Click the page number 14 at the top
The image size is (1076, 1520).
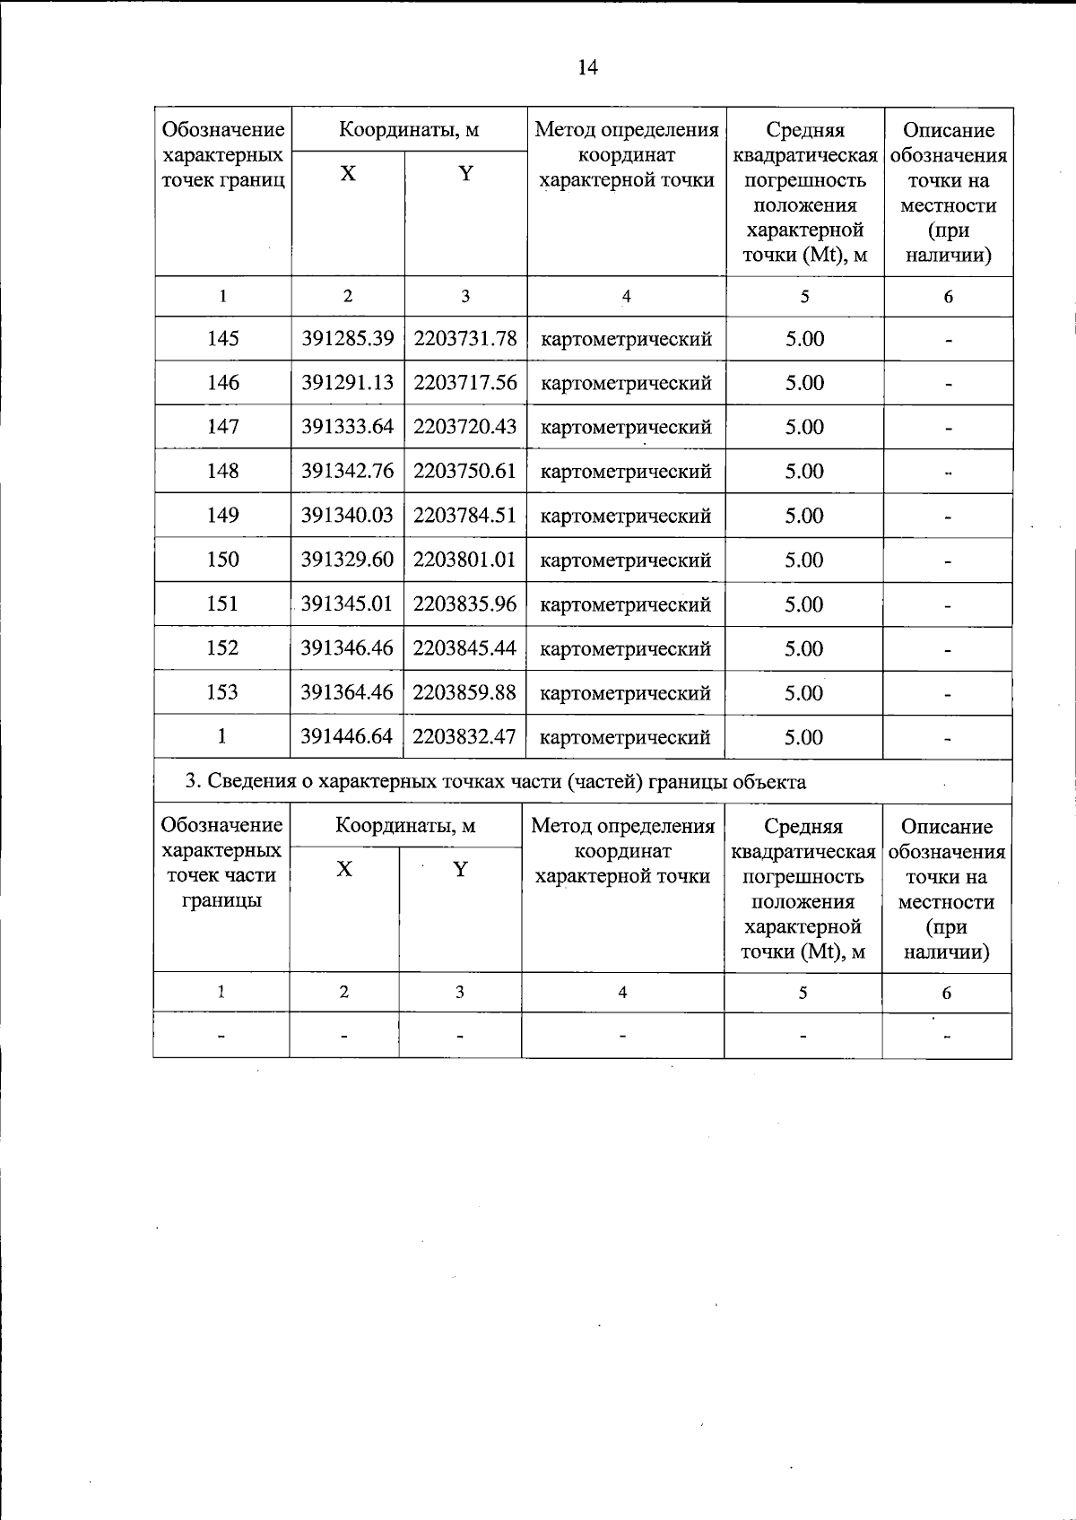point(587,68)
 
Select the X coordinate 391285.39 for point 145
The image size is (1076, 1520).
point(347,339)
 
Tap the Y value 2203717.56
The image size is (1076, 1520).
point(465,383)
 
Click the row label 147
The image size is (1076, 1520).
point(222,427)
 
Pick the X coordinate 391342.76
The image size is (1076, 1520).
point(347,472)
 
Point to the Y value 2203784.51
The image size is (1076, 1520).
point(465,516)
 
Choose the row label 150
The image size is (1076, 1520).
point(222,560)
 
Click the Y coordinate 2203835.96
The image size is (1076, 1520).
point(465,604)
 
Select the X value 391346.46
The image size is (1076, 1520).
point(347,648)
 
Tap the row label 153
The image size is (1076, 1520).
point(222,692)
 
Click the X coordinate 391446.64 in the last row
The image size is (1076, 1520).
point(347,737)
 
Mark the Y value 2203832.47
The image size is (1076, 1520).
point(465,737)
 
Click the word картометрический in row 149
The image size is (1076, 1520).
point(626,517)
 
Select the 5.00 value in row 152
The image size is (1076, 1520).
point(804,648)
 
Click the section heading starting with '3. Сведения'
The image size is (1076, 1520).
point(495,782)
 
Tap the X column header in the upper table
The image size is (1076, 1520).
point(347,174)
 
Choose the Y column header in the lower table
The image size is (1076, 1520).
point(460,870)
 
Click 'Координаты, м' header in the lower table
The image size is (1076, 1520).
point(405,826)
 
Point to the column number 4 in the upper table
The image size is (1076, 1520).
point(626,297)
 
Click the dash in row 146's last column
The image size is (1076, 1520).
point(948,385)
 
